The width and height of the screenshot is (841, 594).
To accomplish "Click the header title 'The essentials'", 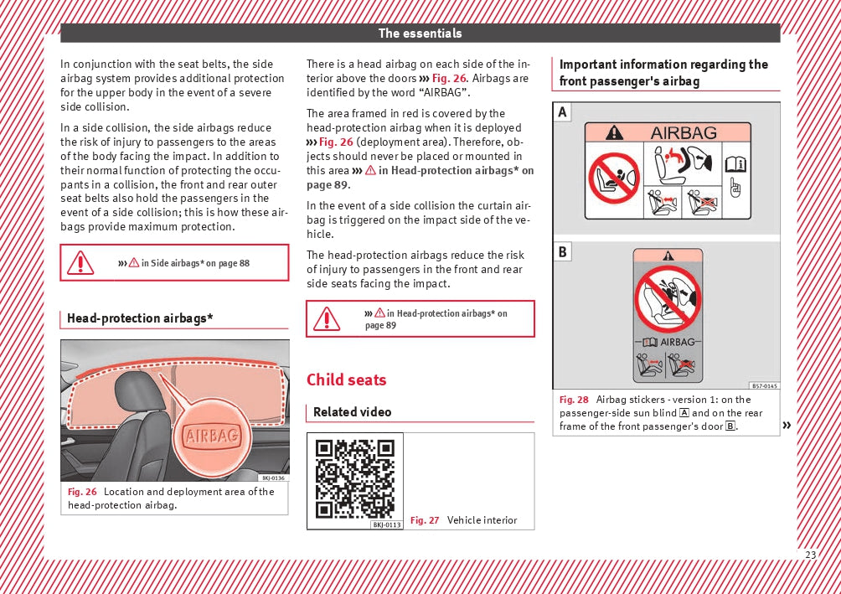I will [x=420, y=34].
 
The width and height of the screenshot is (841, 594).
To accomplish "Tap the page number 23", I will [x=810, y=555].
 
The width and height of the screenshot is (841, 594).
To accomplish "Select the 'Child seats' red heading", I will [x=346, y=380].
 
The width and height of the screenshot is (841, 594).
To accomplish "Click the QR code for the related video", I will [x=355, y=478].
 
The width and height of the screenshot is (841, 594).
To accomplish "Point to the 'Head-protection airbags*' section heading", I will [x=140, y=318].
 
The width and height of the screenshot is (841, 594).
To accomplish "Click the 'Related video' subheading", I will [x=352, y=412].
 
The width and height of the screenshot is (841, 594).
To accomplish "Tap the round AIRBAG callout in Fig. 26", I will [x=213, y=435].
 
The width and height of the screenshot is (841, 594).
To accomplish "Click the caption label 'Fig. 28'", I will [x=574, y=400].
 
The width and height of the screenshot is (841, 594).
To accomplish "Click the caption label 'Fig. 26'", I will [x=82, y=492].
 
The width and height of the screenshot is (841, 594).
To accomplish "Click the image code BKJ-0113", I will [x=387, y=524].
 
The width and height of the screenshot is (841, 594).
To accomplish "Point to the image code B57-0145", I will [x=764, y=386].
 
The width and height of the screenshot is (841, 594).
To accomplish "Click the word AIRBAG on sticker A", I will [x=684, y=132].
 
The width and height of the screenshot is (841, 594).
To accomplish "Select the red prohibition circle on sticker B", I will [x=668, y=299].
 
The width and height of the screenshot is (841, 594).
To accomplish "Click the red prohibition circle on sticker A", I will [x=614, y=178].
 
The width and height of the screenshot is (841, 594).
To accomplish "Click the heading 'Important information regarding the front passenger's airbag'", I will [x=663, y=73].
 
